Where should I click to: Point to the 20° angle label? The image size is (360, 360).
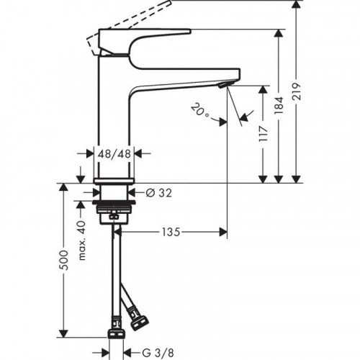(201, 111)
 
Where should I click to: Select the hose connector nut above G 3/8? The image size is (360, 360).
(114, 333)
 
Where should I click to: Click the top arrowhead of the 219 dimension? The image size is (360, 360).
(296, 4)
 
